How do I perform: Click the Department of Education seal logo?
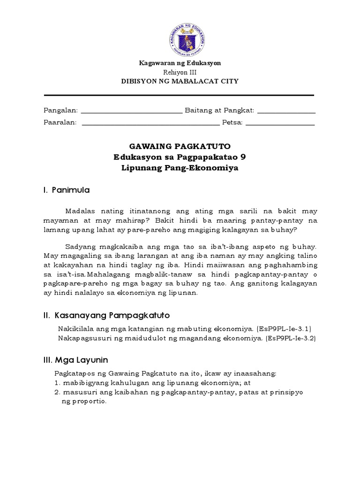180,39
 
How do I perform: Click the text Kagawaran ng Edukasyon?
180,63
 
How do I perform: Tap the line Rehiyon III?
180,72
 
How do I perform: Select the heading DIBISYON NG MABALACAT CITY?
180,82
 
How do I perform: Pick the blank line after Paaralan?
150,124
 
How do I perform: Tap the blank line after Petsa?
280,124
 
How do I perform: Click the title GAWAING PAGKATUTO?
180,146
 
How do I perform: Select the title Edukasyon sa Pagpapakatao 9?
180,157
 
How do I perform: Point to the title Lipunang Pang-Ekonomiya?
180,168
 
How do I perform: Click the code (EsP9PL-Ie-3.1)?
284,328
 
